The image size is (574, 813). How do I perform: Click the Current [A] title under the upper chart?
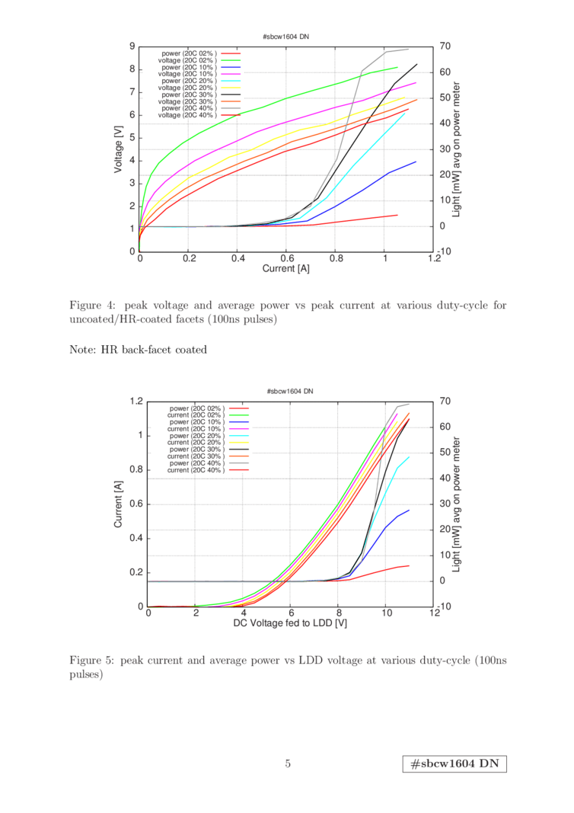pyautogui.click(x=286, y=268)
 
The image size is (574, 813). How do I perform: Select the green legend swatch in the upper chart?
pyautogui.click(x=231, y=59)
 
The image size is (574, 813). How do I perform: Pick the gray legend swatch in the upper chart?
pyautogui.click(x=231, y=108)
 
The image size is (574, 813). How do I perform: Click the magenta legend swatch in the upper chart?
pyautogui.click(x=231, y=74)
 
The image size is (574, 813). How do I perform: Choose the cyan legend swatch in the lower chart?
pyautogui.click(x=239, y=435)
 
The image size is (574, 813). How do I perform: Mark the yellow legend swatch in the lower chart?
pyautogui.click(x=239, y=442)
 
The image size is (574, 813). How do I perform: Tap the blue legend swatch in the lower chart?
pyautogui.click(x=239, y=421)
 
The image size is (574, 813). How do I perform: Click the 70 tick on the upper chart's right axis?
pyautogui.click(x=445, y=46)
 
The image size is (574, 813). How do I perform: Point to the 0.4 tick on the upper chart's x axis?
pyautogui.click(x=238, y=259)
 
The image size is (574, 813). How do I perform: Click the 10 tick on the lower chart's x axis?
pyautogui.click(x=387, y=614)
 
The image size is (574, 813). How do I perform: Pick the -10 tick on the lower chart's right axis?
pyautogui.click(x=447, y=607)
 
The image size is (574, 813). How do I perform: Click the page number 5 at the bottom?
pyautogui.click(x=288, y=763)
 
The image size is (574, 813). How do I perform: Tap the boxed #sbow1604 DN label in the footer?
pyautogui.click(x=454, y=763)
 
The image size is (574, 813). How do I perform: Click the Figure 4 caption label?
pyautogui.click(x=89, y=306)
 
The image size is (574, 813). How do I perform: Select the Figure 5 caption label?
pyautogui.click(x=89, y=660)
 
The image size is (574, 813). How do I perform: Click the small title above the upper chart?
pyautogui.click(x=286, y=36)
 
